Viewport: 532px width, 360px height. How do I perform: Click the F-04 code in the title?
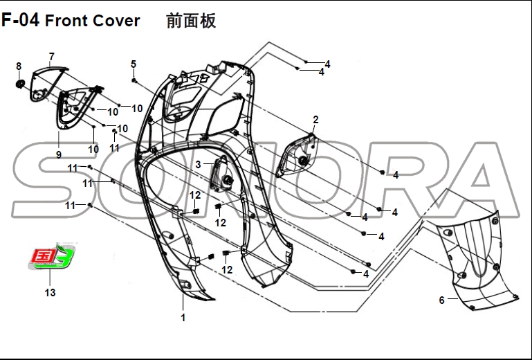21,21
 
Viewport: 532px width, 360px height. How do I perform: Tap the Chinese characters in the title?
192,21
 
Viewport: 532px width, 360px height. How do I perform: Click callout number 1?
183,318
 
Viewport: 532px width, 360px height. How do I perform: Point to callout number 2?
315,120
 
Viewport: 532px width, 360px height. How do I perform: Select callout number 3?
199,164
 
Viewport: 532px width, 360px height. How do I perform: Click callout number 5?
134,64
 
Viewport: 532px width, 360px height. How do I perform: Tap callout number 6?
441,300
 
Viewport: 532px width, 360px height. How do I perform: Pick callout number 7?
51,56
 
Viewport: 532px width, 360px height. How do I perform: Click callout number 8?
19,66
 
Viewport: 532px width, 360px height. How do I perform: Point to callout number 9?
59,154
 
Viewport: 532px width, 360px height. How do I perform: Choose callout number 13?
50,293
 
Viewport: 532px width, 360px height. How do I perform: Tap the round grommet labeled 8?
20,84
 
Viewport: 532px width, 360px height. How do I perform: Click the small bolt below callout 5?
134,81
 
